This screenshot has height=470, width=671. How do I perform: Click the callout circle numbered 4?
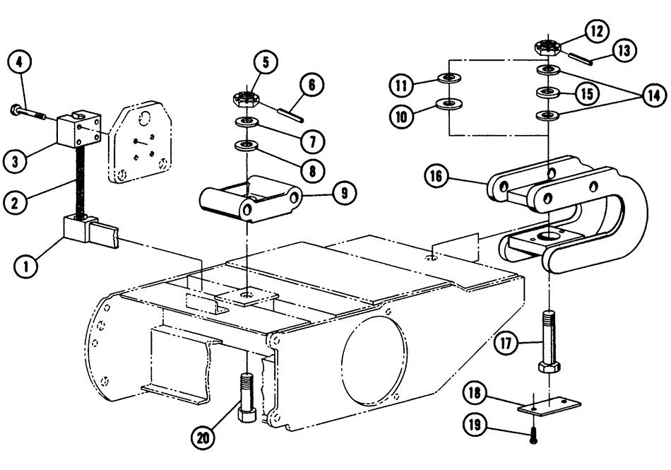(x=20, y=61)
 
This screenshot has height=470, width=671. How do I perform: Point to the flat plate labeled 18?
(x=550, y=406)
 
